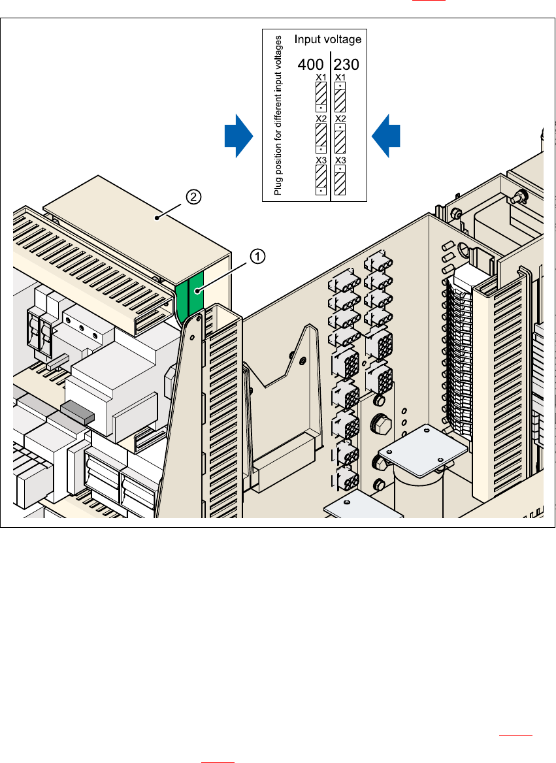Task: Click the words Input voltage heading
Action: (327, 40)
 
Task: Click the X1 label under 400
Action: (321, 78)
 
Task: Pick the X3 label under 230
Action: (340, 161)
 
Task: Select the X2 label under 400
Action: (321, 119)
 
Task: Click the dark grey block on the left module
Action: (78, 411)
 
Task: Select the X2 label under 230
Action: (340, 119)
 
